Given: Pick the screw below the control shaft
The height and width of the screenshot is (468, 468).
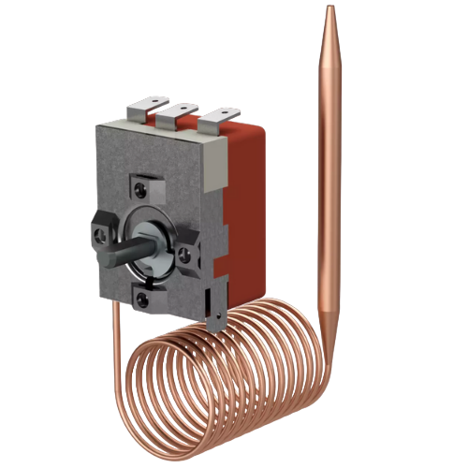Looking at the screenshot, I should point(141,299).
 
